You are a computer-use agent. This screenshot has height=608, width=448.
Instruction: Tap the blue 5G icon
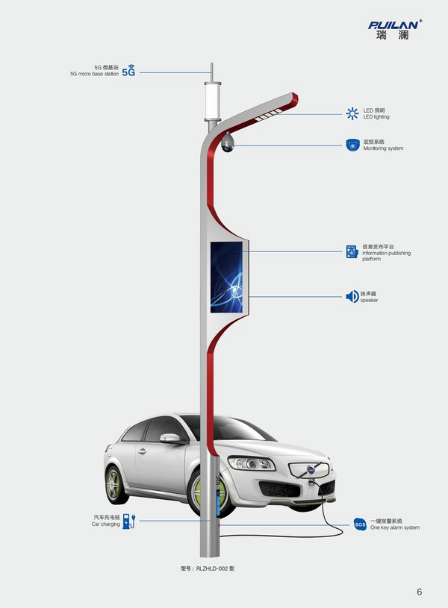coord(129,72)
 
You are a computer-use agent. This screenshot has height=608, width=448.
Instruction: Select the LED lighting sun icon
coord(352,113)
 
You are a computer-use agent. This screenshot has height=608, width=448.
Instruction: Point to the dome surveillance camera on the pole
coord(228,142)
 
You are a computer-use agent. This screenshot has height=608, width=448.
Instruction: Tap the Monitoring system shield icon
coord(352,144)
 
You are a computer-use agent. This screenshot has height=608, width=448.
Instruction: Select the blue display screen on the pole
coord(227,276)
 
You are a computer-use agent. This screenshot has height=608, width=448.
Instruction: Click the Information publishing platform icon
coord(352,251)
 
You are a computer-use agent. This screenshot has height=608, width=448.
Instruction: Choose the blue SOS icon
coord(360,524)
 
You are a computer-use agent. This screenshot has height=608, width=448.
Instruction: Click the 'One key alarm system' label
coord(394,527)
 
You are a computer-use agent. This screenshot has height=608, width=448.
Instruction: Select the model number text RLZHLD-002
coord(209,568)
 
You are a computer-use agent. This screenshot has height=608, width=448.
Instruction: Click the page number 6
coord(420,592)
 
